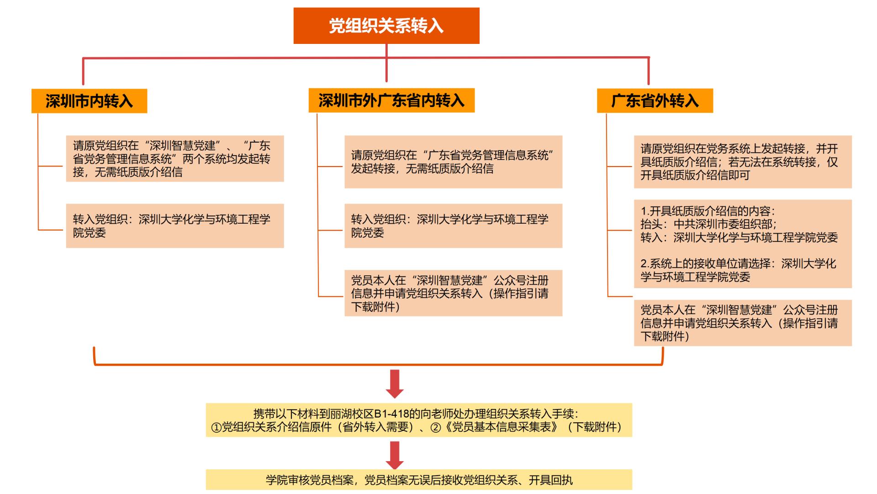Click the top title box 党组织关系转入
click(x=386, y=26)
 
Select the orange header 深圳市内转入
click(x=89, y=101)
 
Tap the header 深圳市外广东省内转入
click(x=391, y=100)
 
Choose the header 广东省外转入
click(x=655, y=100)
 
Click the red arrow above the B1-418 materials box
click(x=395, y=384)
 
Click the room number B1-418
click(x=391, y=414)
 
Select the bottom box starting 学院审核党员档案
click(x=419, y=480)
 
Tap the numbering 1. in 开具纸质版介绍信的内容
click(x=645, y=211)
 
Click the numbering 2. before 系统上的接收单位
click(x=645, y=263)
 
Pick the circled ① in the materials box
click(x=216, y=427)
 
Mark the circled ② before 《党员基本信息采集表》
click(x=435, y=427)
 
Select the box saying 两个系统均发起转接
click(x=175, y=159)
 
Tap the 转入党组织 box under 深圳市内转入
click(x=175, y=226)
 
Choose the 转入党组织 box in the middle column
click(x=453, y=226)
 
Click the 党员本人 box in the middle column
click(x=453, y=293)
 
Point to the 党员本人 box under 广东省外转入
click(x=743, y=322)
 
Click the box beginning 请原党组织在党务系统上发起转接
click(x=743, y=162)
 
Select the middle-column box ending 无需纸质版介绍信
click(x=453, y=162)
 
